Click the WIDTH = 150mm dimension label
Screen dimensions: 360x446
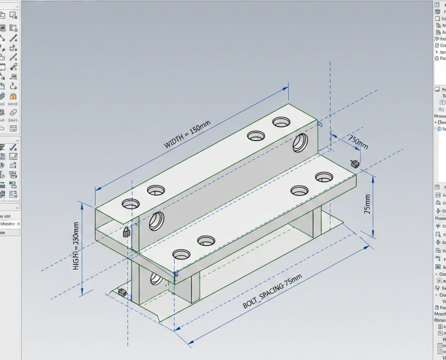coord(187,135)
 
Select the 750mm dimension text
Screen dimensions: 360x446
coord(358,142)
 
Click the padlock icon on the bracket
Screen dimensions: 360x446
coord(126,232)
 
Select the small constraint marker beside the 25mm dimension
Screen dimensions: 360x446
coord(354,164)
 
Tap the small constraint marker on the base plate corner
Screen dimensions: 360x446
coord(122,293)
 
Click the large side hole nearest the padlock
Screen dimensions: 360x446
coord(156,221)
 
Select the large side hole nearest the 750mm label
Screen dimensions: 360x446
coord(300,143)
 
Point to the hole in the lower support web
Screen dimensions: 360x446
coord(155,279)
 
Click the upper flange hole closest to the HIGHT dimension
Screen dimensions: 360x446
coord(131,203)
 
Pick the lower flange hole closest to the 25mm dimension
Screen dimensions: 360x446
coord(324,177)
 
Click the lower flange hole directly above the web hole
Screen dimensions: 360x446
coord(181,254)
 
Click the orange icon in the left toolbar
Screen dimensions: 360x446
coord(14,97)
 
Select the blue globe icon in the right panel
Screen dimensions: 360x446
coord(439,129)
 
